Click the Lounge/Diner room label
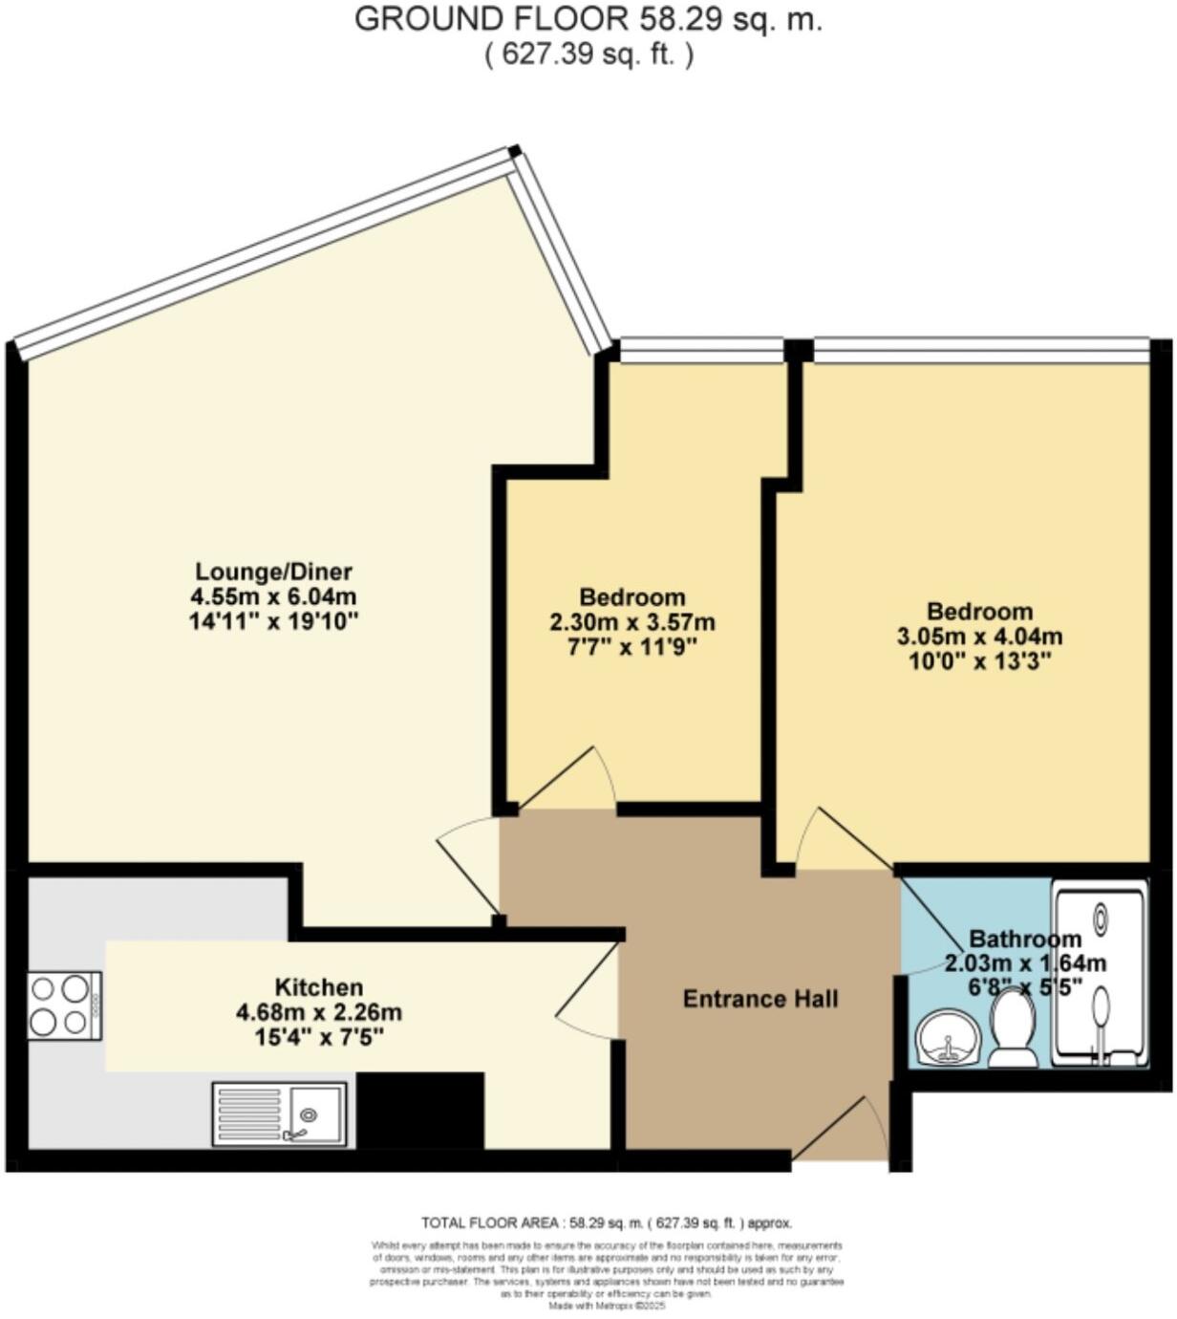tap(273, 572)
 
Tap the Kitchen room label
tap(318, 986)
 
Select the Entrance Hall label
tap(760, 999)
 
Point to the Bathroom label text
tap(1024, 939)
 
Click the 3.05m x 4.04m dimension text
tap(979, 636)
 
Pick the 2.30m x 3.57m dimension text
tap(631, 622)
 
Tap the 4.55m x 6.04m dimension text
tap(273, 596)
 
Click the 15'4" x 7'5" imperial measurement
tap(318, 1036)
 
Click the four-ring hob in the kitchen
tap(64, 1005)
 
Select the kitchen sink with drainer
tap(279, 1114)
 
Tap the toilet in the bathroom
tap(1013, 1028)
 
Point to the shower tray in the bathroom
tap(1100, 973)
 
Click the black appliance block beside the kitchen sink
tap(419, 1109)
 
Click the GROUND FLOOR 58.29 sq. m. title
tap(588, 19)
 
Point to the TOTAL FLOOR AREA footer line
tap(607, 1222)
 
